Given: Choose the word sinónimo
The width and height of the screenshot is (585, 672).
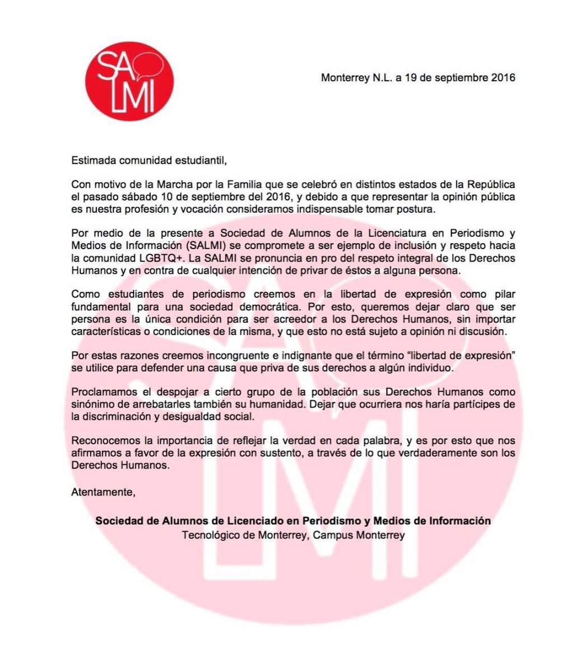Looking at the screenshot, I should tap(92, 405).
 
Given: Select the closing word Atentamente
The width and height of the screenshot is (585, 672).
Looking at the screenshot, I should tap(104, 492).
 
